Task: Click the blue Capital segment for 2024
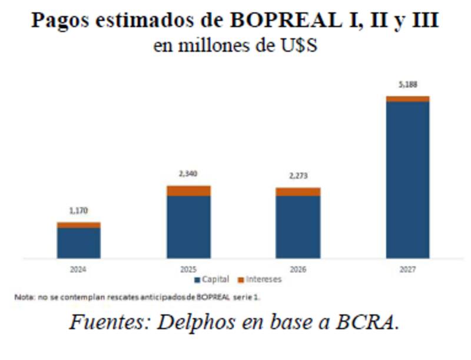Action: click(x=79, y=242)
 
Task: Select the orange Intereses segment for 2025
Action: click(x=188, y=191)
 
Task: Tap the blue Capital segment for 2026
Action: click(x=298, y=226)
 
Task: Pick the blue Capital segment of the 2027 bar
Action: click(x=407, y=179)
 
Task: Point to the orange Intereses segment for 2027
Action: click(x=407, y=99)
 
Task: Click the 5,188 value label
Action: click(x=407, y=85)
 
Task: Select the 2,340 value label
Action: click(x=188, y=174)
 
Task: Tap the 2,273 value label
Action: click(x=298, y=176)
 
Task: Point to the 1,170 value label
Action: click(x=79, y=211)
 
